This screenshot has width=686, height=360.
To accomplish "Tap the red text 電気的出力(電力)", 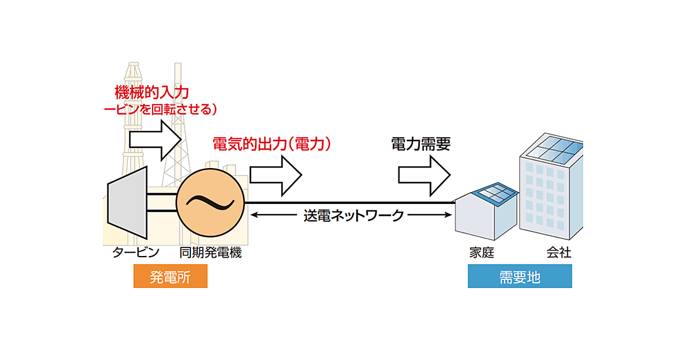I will coord(272,143).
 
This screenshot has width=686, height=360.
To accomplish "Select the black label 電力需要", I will coord(421,143).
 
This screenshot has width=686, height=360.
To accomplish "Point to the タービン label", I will coord(135,252).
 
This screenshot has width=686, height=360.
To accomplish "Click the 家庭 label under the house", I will coord(481,252).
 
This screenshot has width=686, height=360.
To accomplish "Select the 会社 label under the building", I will coord(559,252).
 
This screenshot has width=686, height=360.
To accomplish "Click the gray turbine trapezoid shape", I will coord(127,202).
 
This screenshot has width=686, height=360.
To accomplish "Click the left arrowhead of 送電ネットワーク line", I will coord(255,215).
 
